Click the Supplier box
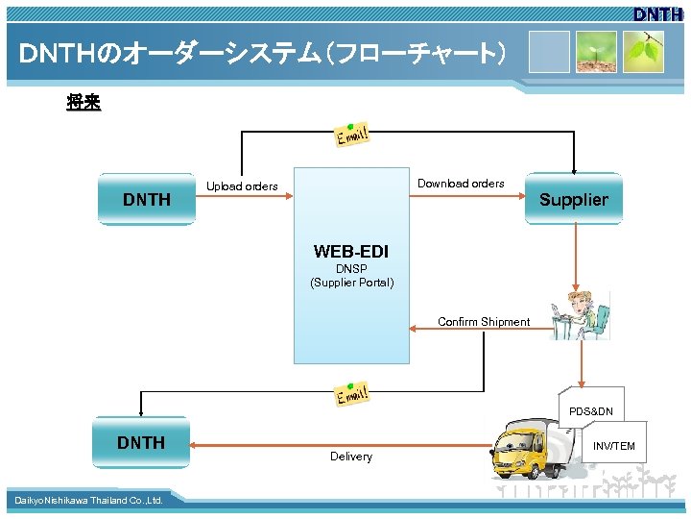tap(573, 199)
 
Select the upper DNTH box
tap(146, 199)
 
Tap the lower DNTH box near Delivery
tap(141, 442)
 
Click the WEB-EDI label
tap(351, 252)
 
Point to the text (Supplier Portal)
tap(351, 283)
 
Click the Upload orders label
tap(242, 186)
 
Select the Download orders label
tap(461, 184)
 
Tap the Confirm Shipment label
tap(484, 322)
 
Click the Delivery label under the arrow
tap(351, 457)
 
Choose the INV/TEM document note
tap(613, 446)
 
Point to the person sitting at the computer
tap(582, 313)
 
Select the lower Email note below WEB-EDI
tap(352, 395)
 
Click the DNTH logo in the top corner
tap(657, 13)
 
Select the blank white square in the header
tap(548, 52)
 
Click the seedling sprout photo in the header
tap(596, 52)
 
